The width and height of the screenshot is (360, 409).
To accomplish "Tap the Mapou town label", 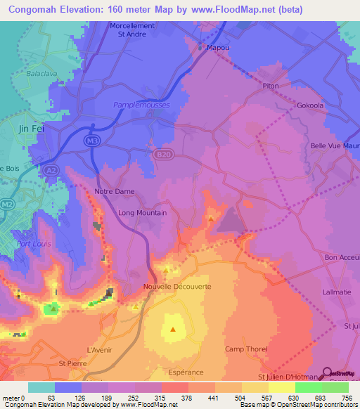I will tap(215, 48).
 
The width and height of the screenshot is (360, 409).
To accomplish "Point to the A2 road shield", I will tap(51, 170).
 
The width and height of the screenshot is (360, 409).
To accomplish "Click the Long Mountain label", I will tap(142, 213).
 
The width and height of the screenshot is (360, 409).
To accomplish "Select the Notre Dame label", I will tap(114, 191).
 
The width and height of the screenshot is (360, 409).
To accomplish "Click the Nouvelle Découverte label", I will tap(177, 287).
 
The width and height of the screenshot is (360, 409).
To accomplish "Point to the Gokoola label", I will tap(309, 106).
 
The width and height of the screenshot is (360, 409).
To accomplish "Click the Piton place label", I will tap(271, 86).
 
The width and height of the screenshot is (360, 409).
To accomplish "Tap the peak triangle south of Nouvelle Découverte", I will tap(173, 328).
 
